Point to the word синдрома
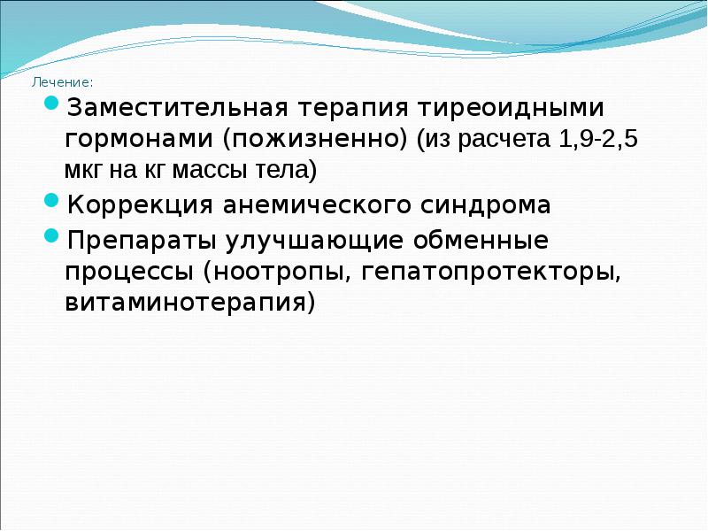488,205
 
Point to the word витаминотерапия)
189,302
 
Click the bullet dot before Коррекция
52,203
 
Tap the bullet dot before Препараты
52,236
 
